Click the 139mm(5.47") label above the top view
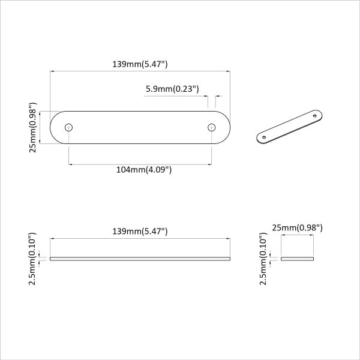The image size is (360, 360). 140,63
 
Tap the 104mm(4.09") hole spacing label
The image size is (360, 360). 144,170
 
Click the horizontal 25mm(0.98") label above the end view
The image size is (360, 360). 298,227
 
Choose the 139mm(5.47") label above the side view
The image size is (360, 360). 140,231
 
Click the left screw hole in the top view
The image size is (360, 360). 69,127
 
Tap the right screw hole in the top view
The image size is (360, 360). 211,127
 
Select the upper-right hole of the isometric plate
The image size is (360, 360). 316,115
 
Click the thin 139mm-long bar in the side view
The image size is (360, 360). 140,259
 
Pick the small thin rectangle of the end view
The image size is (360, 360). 298,259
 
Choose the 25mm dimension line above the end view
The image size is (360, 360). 298,236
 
